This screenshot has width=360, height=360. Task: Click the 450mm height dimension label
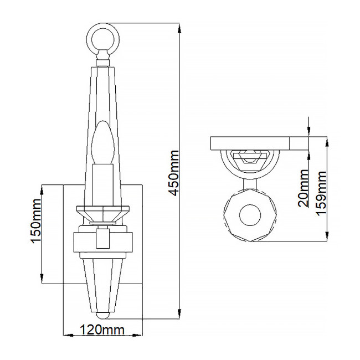174,172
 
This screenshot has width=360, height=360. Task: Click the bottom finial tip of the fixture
103,316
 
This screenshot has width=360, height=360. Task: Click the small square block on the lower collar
102,239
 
